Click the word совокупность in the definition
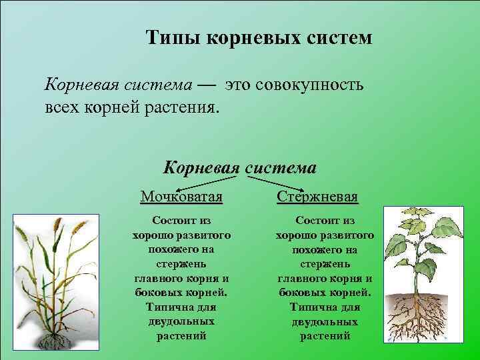(307, 85)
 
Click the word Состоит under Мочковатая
(181, 220)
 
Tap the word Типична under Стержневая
(325, 307)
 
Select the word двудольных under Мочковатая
(181, 321)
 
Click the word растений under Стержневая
(325, 336)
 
